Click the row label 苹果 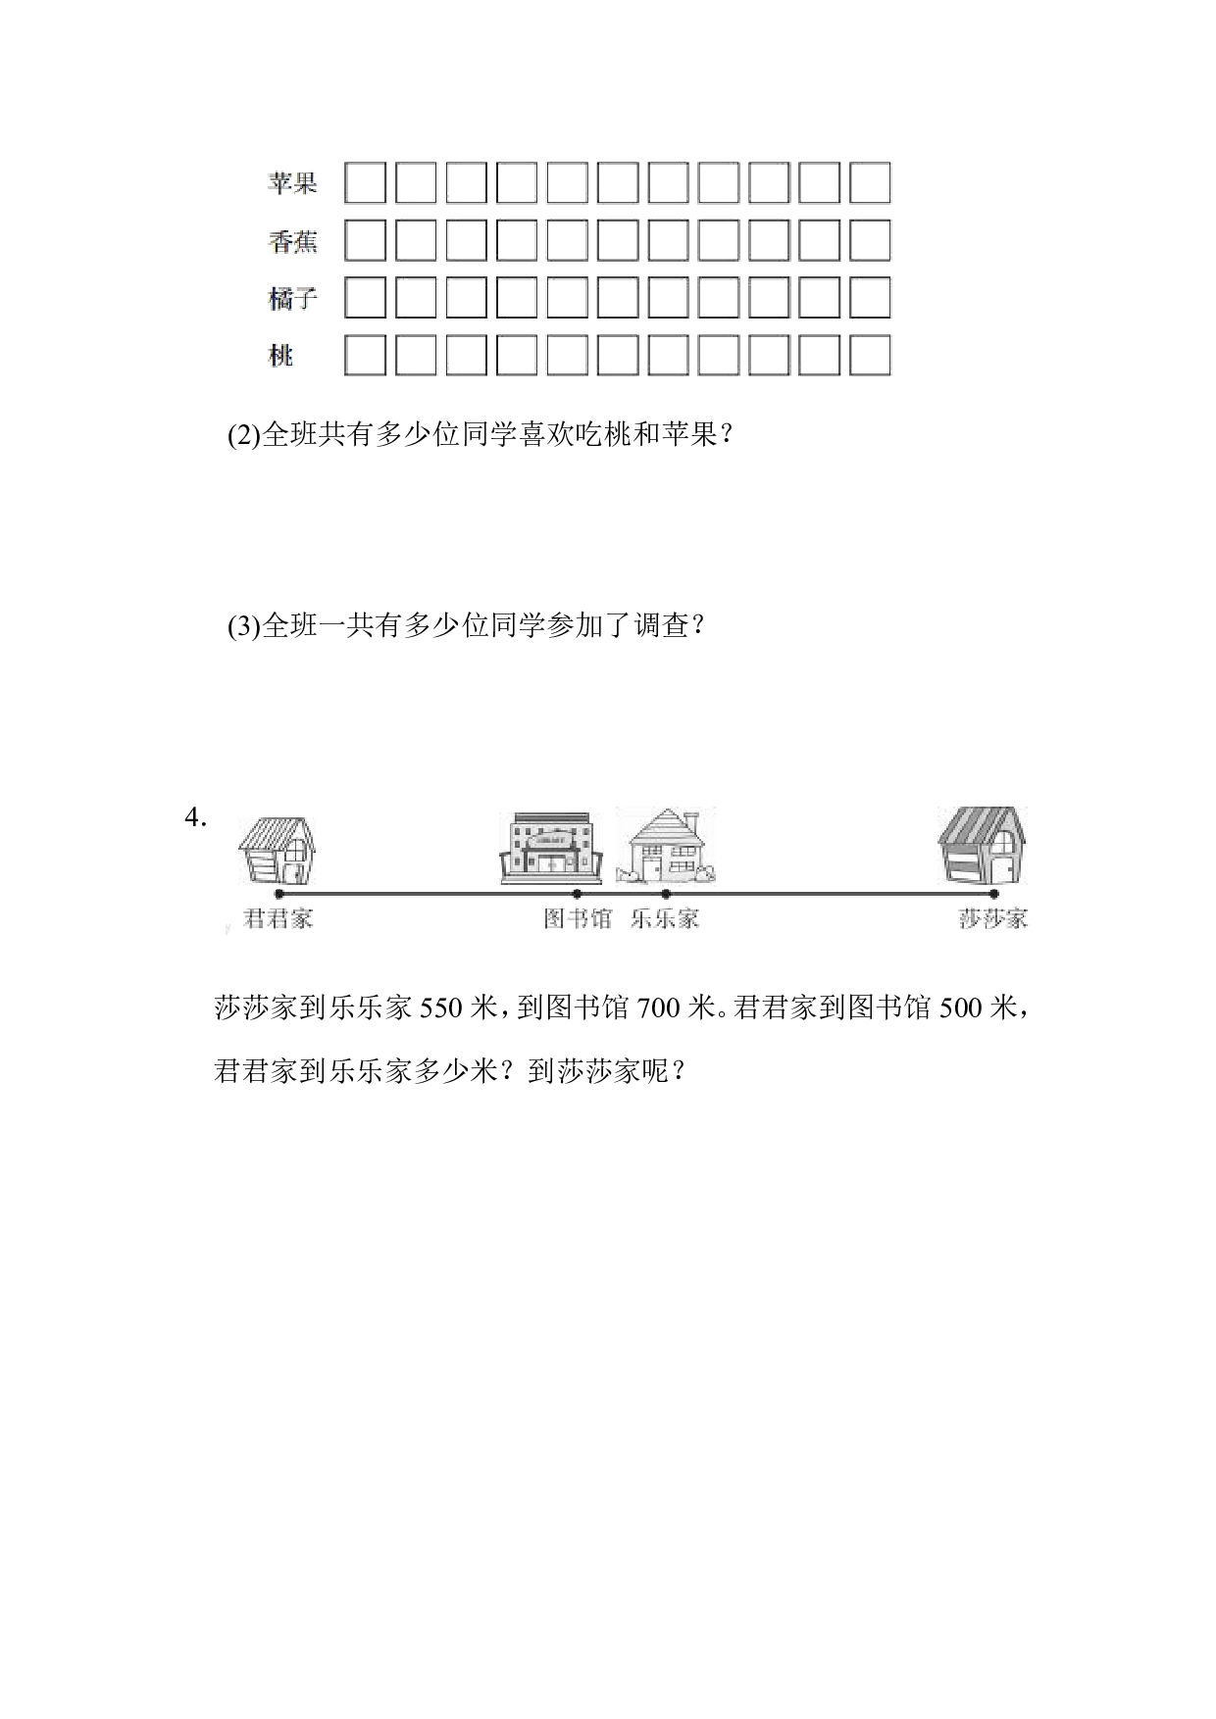pyautogui.click(x=292, y=182)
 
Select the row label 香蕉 pyautogui.click(x=292, y=240)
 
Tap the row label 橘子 pyautogui.click(x=292, y=298)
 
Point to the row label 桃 pyautogui.click(x=280, y=356)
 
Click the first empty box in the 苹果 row pyautogui.click(x=365, y=183)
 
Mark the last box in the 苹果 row pyautogui.click(x=870, y=183)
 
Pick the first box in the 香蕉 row pyautogui.click(x=365, y=240)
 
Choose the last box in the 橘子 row pyautogui.click(x=870, y=298)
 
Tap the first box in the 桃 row pyautogui.click(x=365, y=355)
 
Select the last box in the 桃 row pyautogui.click(x=870, y=355)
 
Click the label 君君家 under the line pyautogui.click(x=278, y=919)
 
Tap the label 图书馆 pyautogui.click(x=578, y=919)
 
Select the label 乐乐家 pyautogui.click(x=665, y=919)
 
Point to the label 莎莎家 pyautogui.click(x=993, y=919)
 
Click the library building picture pyautogui.click(x=550, y=848)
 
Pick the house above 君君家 pyautogui.click(x=277, y=851)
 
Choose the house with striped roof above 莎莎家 pyautogui.click(x=982, y=845)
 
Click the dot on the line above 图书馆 pyautogui.click(x=577, y=894)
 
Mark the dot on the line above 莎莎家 pyautogui.click(x=993, y=894)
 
